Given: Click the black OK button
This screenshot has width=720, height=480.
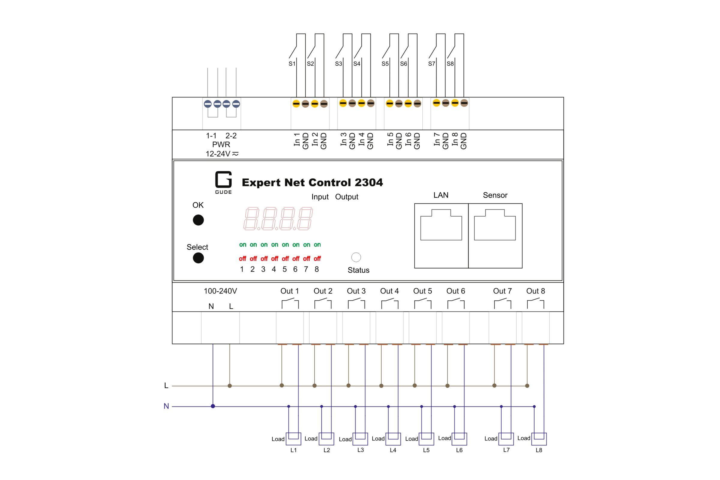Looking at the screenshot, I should pyautogui.click(x=198, y=220).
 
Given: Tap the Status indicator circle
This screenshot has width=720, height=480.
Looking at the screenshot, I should pyautogui.click(x=356, y=257).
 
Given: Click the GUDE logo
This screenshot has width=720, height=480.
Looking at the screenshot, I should pyautogui.click(x=223, y=182).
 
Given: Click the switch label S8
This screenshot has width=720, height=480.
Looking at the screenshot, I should pyautogui.click(x=450, y=64).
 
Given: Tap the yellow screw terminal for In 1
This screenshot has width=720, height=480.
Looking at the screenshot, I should pyautogui.click(x=296, y=104).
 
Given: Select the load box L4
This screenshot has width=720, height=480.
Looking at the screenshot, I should pyautogui.click(x=393, y=439).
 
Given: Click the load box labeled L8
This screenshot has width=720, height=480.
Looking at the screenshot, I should pyautogui.click(x=539, y=439).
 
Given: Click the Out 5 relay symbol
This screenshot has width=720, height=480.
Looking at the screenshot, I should pyautogui.click(x=423, y=304).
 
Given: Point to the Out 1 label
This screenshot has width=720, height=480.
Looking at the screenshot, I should pyautogui.click(x=289, y=291).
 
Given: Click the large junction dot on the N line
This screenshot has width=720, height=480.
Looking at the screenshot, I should pyautogui.click(x=213, y=406).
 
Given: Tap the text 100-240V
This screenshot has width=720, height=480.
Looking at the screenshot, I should pyautogui.click(x=220, y=291).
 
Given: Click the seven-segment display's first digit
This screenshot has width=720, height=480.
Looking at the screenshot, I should pyautogui.click(x=251, y=218).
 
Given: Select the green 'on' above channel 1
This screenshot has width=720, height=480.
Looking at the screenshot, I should pyautogui.click(x=242, y=244).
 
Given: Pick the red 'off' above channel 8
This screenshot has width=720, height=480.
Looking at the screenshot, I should pyautogui.click(x=317, y=259).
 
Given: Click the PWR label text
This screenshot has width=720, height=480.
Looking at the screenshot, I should pyautogui.click(x=221, y=145).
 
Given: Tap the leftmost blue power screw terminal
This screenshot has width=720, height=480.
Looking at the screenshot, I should pyautogui.click(x=208, y=104).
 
